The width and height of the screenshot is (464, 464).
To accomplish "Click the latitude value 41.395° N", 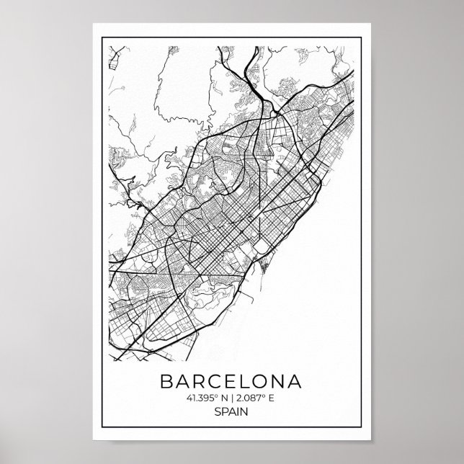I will point(205,398).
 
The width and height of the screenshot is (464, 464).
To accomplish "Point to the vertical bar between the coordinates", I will point(232,398).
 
